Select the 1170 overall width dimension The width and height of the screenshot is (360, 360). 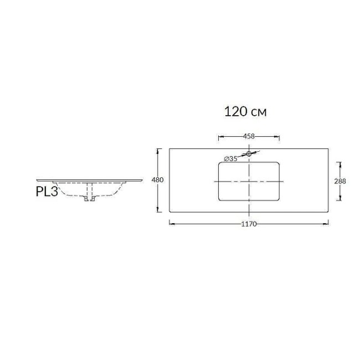[249, 224]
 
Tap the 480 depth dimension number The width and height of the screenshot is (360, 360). [157, 180]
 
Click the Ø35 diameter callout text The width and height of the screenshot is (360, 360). [231, 159]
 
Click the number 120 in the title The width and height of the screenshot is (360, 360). [235, 111]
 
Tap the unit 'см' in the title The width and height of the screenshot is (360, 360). [259, 112]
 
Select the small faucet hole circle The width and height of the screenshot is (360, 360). [249, 153]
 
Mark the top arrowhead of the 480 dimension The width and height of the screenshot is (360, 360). [160, 150]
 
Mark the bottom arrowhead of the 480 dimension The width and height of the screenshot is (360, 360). [160, 210]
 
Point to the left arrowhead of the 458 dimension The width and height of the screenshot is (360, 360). [220, 136]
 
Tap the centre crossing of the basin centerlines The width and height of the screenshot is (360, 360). [249, 181]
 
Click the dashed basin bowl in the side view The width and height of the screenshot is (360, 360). [69, 193]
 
